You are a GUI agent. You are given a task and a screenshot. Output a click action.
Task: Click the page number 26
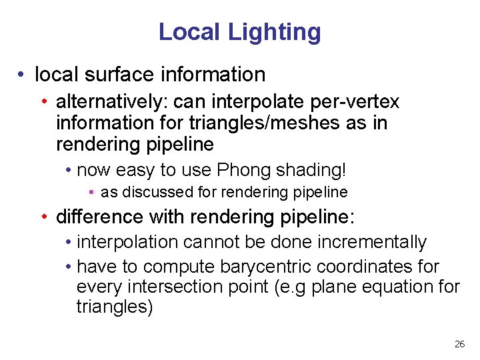(459, 344)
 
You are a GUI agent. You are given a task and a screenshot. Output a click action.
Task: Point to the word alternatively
(112, 101)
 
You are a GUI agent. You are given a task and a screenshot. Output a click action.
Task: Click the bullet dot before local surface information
(23, 75)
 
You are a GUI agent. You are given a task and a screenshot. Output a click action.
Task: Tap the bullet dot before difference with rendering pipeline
(43, 217)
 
